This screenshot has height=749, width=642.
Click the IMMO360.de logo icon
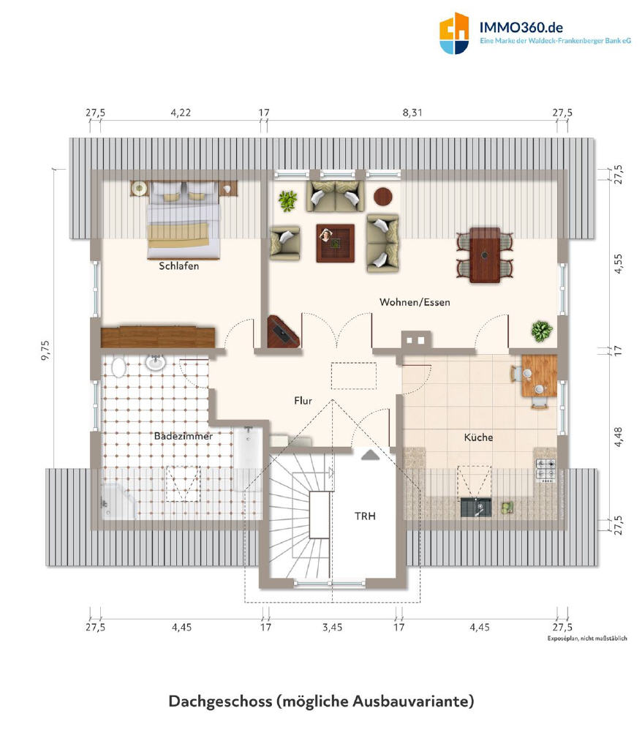[x=454, y=33]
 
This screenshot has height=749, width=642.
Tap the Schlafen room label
[x=178, y=266]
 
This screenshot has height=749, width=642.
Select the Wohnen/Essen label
[x=415, y=302]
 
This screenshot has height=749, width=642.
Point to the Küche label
[x=478, y=437]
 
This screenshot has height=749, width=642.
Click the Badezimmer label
[x=184, y=436]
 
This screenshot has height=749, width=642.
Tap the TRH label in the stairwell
[x=365, y=516]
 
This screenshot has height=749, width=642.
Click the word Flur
[x=303, y=401]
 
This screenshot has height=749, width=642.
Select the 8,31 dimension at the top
[x=412, y=113]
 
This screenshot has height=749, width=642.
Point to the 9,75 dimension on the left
[x=46, y=350]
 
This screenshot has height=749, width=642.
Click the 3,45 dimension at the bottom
[x=332, y=627]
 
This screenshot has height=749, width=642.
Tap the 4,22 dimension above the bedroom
[x=181, y=113]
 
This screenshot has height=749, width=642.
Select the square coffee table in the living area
[x=336, y=243]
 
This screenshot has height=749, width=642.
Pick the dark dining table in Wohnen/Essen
[x=485, y=255]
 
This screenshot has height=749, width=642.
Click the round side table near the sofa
[x=383, y=196]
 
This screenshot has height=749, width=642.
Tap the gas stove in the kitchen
[x=545, y=469]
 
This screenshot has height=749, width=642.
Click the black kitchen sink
[x=476, y=508]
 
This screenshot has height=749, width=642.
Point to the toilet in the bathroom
[x=118, y=368]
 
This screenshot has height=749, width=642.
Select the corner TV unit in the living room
[x=283, y=332]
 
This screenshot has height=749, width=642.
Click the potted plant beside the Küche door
[x=542, y=331]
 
